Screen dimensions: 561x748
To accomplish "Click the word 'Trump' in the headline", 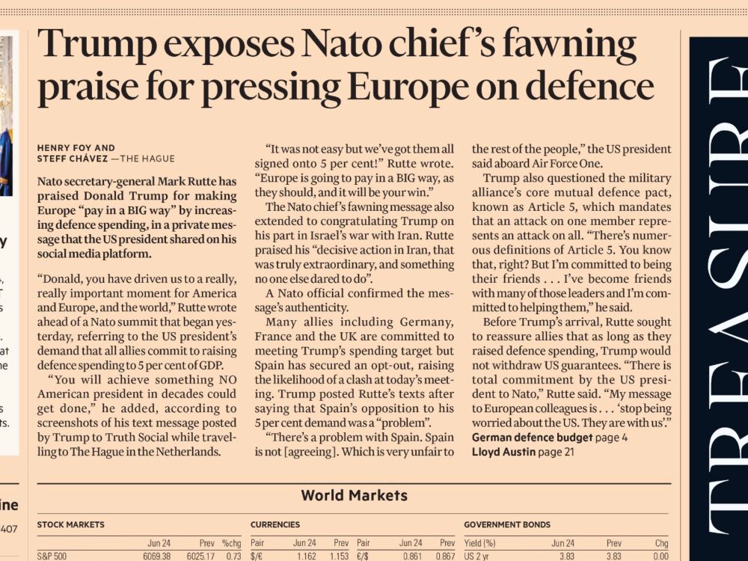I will click(x=88, y=45).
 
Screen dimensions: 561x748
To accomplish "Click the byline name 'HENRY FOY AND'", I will click(x=76, y=148).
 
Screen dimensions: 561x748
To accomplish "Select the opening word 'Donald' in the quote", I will click(x=64, y=278).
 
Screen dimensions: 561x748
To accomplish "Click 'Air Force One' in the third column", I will click(x=565, y=163).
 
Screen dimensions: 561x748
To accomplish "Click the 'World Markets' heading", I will click(x=354, y=495).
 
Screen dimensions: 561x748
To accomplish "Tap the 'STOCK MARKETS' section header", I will click(x=70, y=525).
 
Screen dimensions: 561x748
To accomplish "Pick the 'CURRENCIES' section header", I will click(x=275, y=525).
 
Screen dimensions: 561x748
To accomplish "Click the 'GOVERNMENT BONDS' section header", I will click(x=507, y=525).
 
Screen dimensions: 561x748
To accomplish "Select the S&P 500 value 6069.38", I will click(x=156, y=557).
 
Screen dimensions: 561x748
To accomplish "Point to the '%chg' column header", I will click(x=231, y=543).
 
